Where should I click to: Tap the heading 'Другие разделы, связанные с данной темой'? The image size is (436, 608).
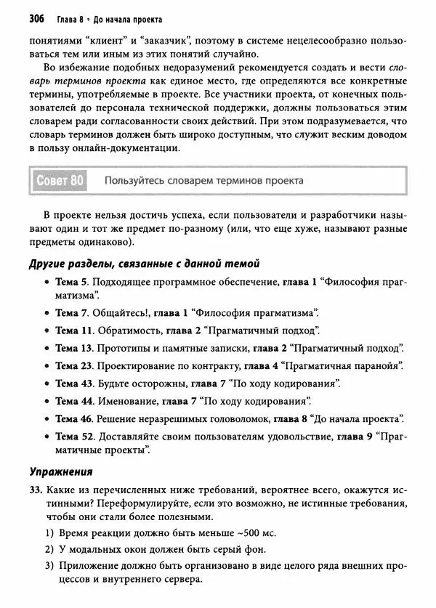pyautogui.click(x=144, y=263)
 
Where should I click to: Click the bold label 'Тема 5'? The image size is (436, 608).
pyautogui.click(x=71, y=281)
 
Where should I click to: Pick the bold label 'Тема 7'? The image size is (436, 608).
pyautogui.click(x=71, y=312)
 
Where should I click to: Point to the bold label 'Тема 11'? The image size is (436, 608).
pyautogui.click(x=74, y=330)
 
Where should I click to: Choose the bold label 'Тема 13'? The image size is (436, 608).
pyautogui.click(x=74, y=348)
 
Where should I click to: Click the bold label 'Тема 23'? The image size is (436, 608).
pyautogui.click(x=74, y=365)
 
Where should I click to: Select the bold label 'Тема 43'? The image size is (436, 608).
pyautogui.click(x=74, y=383)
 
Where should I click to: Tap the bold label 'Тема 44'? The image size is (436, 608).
pyautogui.click(x=74, y=400)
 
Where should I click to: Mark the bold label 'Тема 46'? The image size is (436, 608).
pyautogui.click(x=74, y=418)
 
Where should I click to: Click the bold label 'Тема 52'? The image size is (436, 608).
pyautogui.click(x=74, y=436)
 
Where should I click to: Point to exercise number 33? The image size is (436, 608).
pyautogui.click(x=37, y=490)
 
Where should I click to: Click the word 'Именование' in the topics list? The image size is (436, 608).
pyautogui.click(x=127, y=400)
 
